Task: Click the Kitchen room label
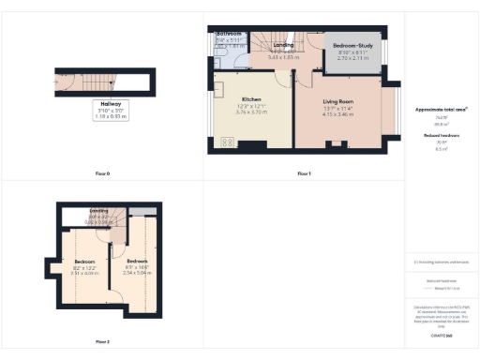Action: (251, 98)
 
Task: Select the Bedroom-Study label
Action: (352, 45)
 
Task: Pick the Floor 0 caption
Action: (103, 174)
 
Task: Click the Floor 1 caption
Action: (303, 174)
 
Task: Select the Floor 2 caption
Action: (102, 341)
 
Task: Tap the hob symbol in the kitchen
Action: (226, 143)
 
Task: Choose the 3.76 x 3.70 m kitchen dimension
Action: (251, 112)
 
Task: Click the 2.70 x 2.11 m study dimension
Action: (352, 58)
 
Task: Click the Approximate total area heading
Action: (441, 110)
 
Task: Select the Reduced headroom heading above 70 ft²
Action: (441, 136)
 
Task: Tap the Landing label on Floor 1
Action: (284, 44)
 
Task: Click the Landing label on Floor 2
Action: (98, 212)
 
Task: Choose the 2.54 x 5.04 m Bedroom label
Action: (137, 262)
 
